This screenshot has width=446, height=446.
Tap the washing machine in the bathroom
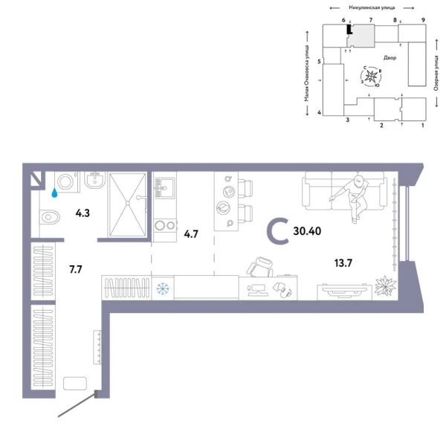pyautogui.click(x=65, y=182)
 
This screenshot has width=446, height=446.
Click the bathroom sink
pyautogui.click(x=94, y=182)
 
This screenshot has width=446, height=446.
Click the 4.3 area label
pyautogui.click(x=83, y=213)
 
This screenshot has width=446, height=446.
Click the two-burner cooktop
pyautogui.click(x=164, y=225)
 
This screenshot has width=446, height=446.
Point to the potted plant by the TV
pyautogui.click(x=385, y=286)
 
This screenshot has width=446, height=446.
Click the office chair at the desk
pyautogui.click(x=261, y=265)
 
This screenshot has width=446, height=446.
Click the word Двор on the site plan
pyautogui.click(x=391, y=57)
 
